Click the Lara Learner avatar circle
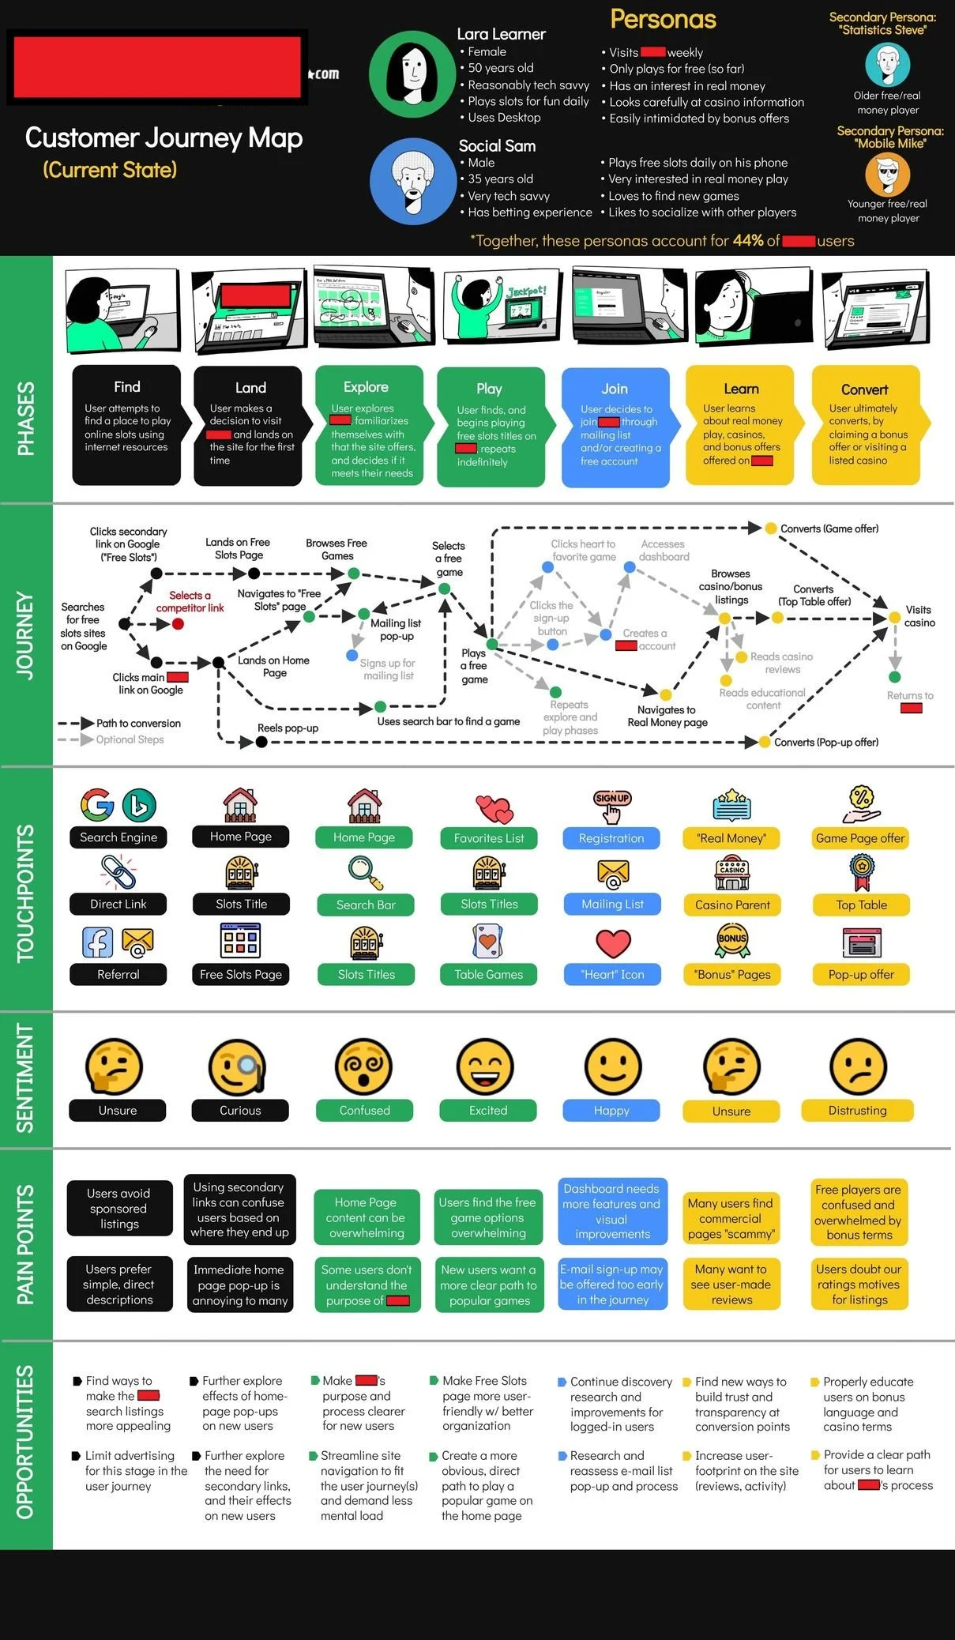click(x=412, y=73)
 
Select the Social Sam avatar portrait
click(x=412, y=181)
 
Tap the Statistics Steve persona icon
click(x=887, y=65)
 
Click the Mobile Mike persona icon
click(x=887, y=174)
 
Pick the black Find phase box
click(x=126, y=425)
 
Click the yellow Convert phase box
click(x=865, y=425)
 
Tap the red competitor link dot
click(x=179, y=624)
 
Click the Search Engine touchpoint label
click(x=118, y=837)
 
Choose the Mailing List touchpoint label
click(x=612, y=905)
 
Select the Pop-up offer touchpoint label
click(x=861, y=975)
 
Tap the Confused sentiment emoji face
click(x=363, y=1066)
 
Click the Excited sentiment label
click(x=488, y=1111)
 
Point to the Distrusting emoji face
click(x=858, y=1066)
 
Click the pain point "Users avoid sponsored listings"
click(x=119, y=1209)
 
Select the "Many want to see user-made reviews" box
click(x=731, y=1285)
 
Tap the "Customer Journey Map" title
click(x=164, y=138)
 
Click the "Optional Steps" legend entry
click(x=130, y=740)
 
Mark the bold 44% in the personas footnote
click(x=747, y=241)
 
